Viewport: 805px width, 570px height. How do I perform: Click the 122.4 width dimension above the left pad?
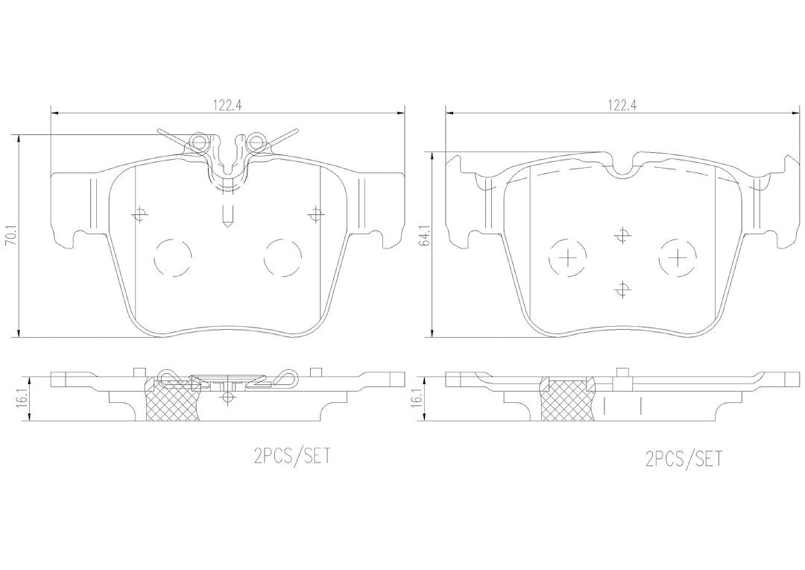[227, 105]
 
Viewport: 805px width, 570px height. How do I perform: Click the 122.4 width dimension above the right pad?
[622, 105]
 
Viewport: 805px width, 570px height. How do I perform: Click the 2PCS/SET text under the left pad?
[292, 456]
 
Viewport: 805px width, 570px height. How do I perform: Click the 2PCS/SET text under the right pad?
[684, 458]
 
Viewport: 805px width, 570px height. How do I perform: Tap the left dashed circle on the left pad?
[172, 257]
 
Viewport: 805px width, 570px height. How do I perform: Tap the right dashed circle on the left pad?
[282, 257]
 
